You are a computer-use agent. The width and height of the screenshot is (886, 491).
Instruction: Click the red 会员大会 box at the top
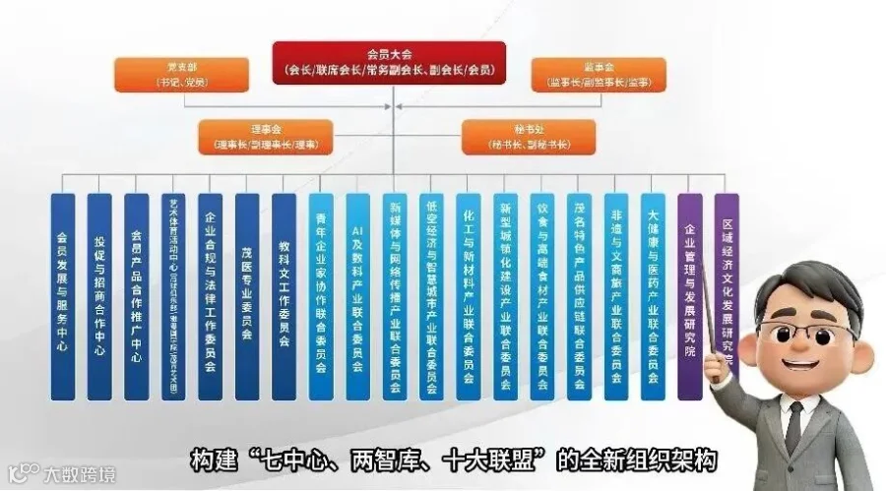pos(389,61)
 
